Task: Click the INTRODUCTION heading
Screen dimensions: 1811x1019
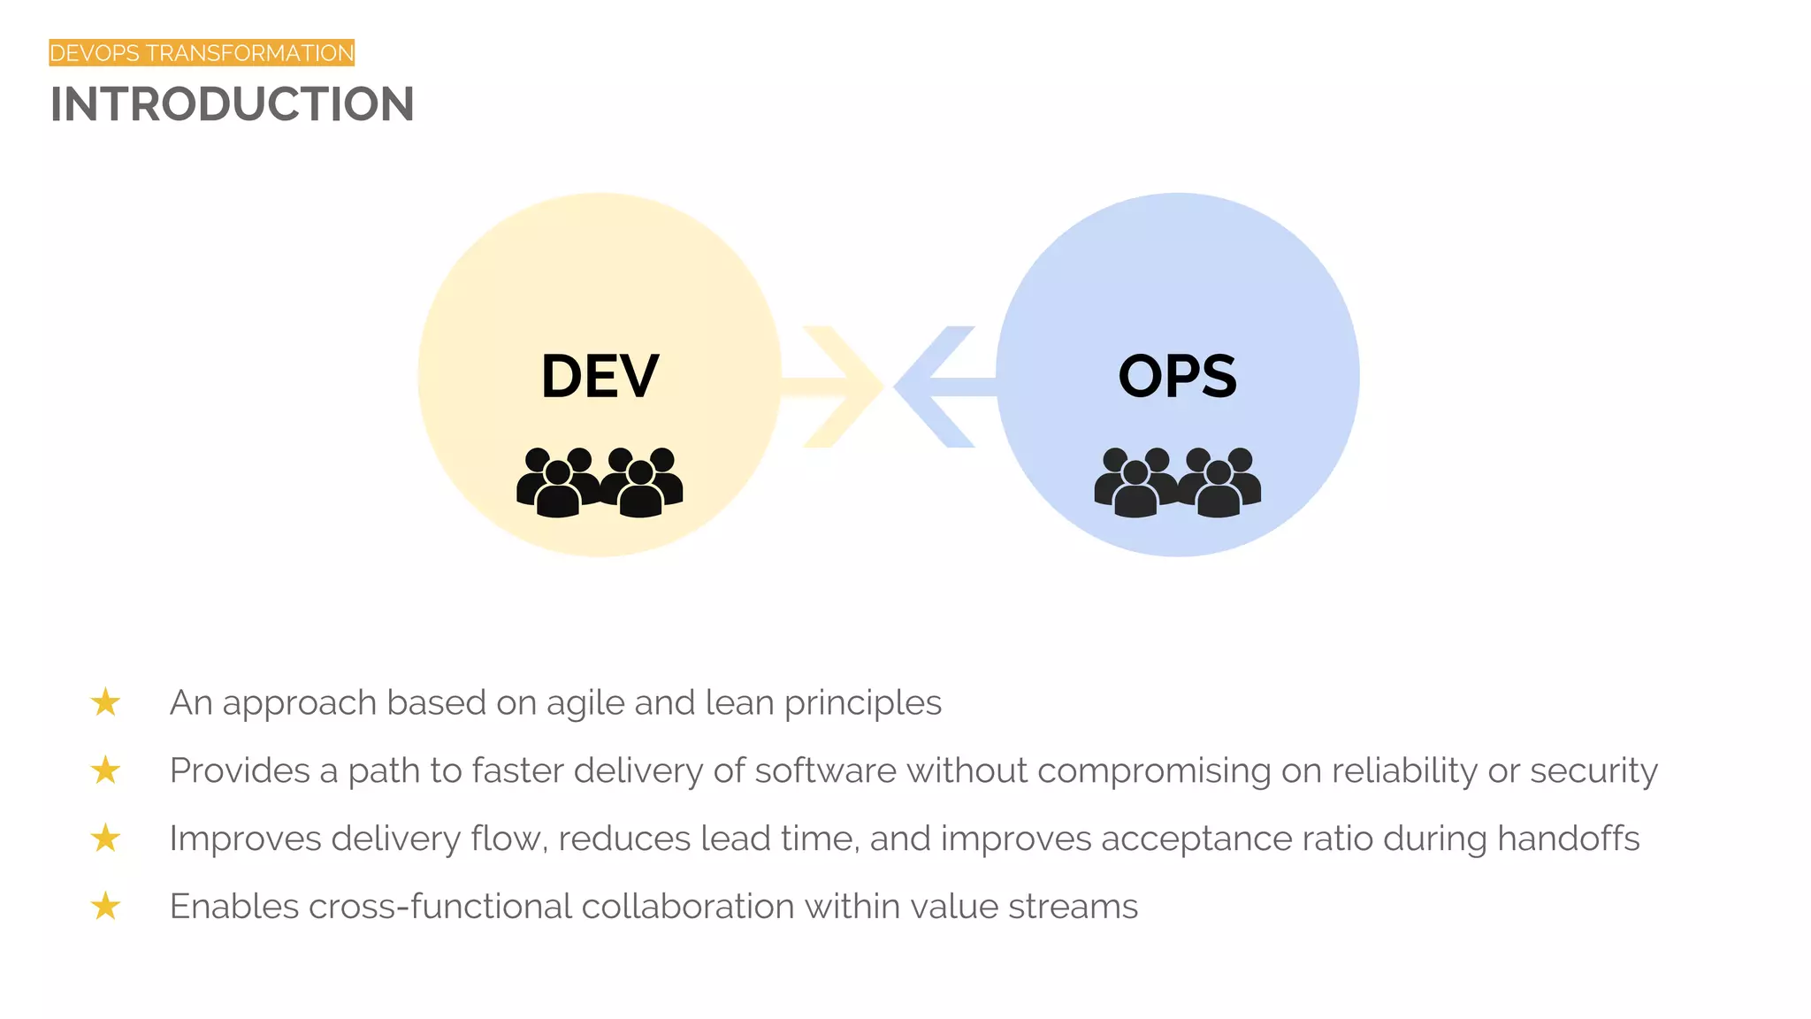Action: [x=232, y=104]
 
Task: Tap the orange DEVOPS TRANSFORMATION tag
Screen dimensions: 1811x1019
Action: [x=202, y=53]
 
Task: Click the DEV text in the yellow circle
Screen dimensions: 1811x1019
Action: [x=600, y=377]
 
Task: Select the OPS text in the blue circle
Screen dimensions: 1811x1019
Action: [x=1177, y=377]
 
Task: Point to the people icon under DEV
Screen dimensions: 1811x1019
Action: [x=600, y=482]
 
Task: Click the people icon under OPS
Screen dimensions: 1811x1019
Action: [x=1177, y=482]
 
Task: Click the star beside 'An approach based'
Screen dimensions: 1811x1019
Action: [x=105, y=702]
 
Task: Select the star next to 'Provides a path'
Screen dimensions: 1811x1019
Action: [x=105, y=770]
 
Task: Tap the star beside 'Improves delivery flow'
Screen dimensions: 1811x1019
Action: [x=105, y=839]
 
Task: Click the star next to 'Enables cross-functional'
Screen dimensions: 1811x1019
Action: [x=105, y=907]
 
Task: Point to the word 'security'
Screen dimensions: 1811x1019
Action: [x=1593, y=771]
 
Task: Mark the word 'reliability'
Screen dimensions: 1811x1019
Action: [x=1404, y=771]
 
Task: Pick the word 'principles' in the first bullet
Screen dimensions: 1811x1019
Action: [x=863, y=704]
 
